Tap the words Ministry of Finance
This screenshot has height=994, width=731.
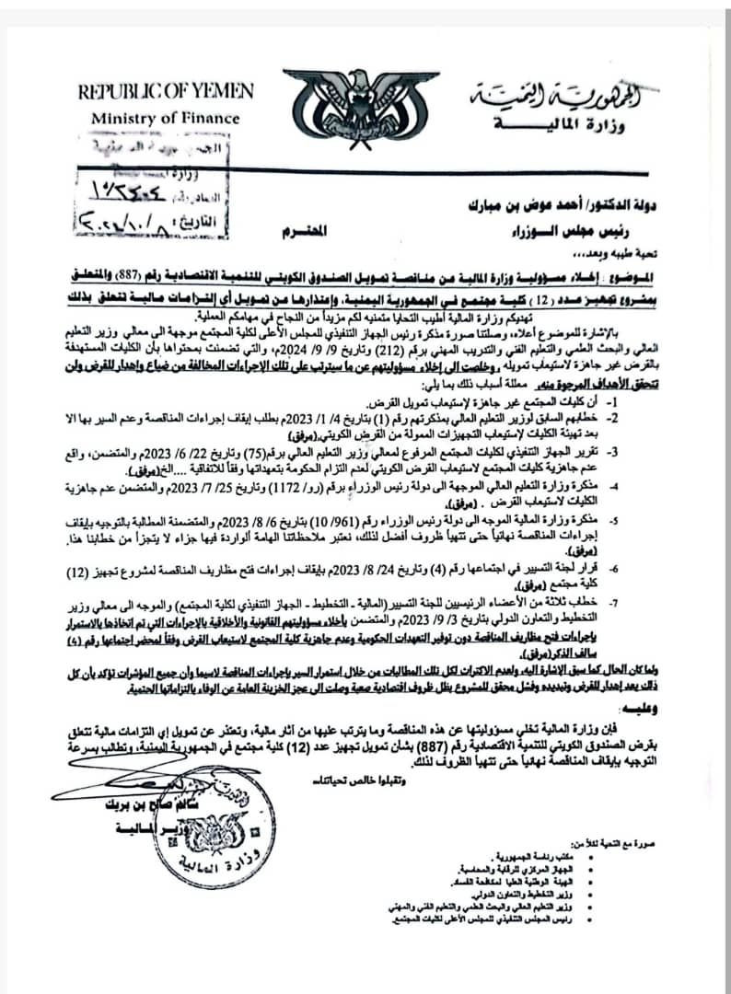point(165,118)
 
